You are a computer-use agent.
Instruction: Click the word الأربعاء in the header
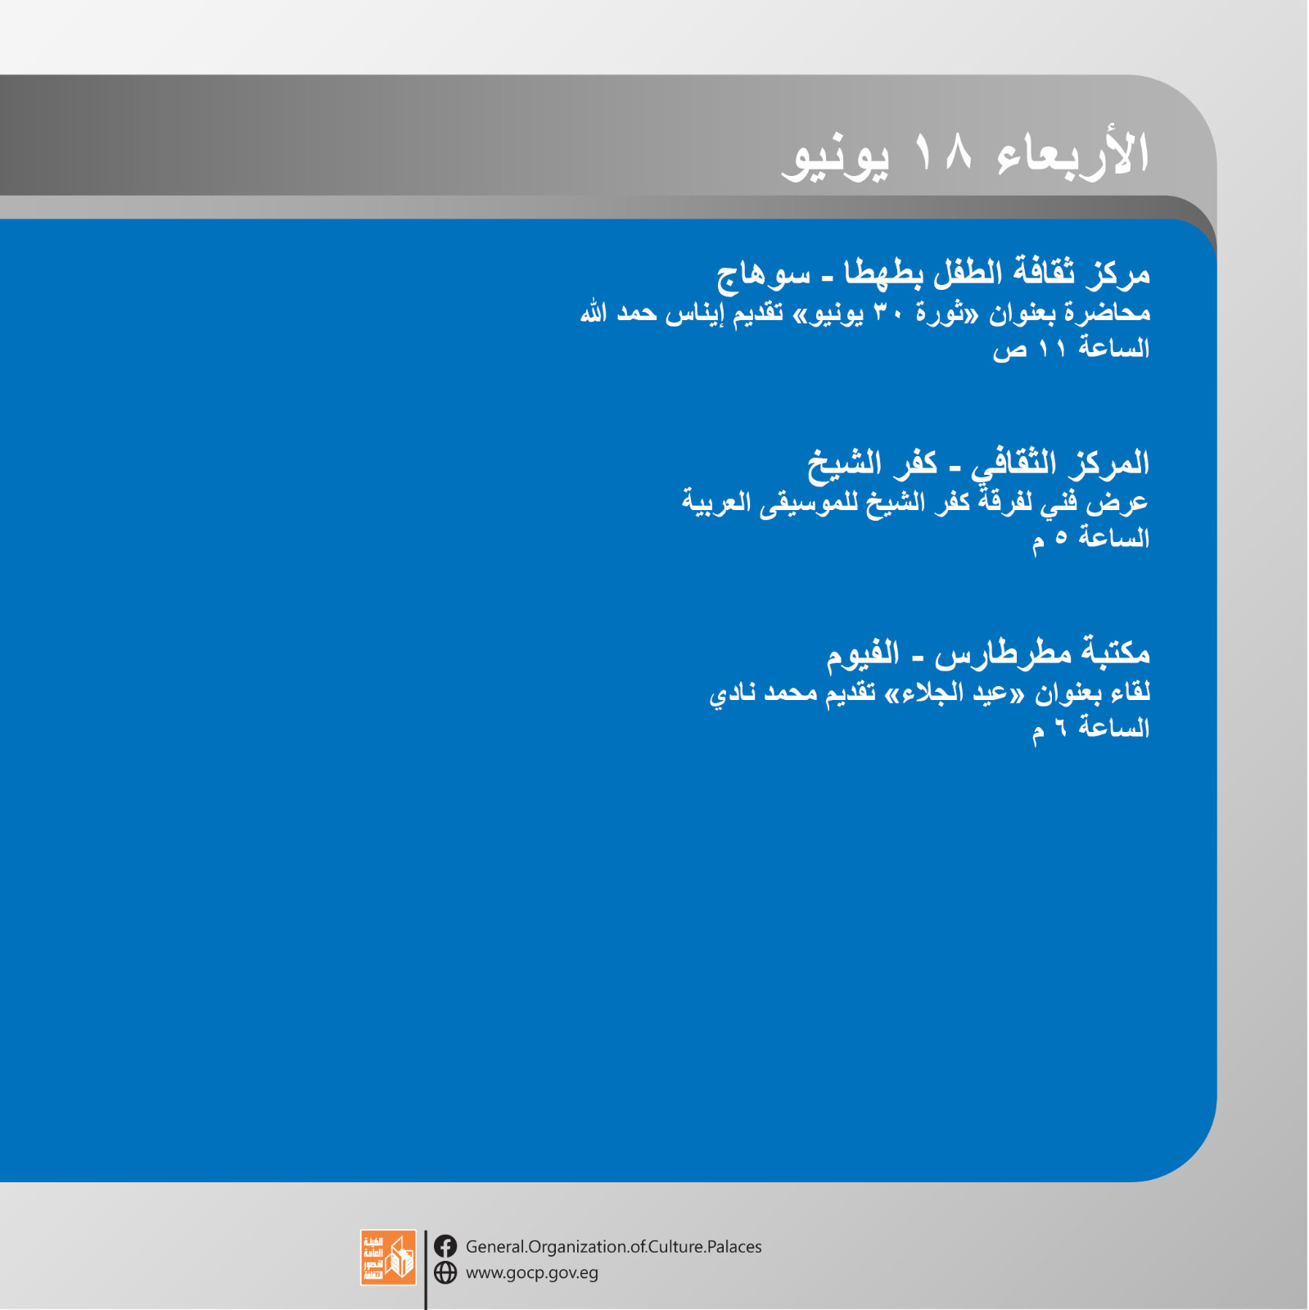[1073, 153]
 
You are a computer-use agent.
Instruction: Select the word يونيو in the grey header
[835, 157]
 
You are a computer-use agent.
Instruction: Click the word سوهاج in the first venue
[763, 275]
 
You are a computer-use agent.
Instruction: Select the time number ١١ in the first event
[1052, 350]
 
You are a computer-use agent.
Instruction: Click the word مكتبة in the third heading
[1115, 652]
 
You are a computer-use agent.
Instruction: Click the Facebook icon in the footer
[445, 1246]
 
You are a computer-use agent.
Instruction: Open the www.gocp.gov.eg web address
[532, 1273]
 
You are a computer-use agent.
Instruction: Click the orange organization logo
[388, 1257]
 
